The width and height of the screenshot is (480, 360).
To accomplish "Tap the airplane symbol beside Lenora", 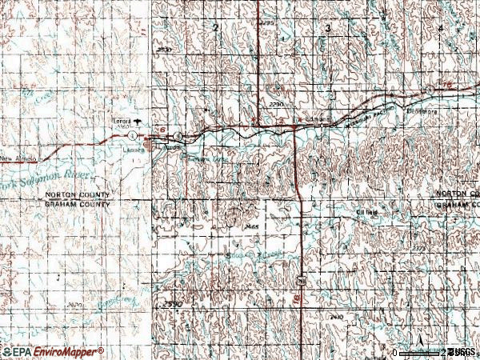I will click(138, 122).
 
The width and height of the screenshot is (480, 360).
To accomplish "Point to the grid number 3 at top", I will click(328, 28).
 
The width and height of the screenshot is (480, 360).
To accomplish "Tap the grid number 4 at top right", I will click(441, 28).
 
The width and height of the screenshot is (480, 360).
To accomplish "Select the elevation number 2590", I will click(170, 305).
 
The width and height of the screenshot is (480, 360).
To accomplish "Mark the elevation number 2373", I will click(462, 249).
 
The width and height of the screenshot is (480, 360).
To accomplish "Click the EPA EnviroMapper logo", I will click(52, 351).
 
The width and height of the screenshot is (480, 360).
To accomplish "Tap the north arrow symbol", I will click(419, 331).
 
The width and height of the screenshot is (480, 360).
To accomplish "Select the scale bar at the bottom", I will click(420, 352).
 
